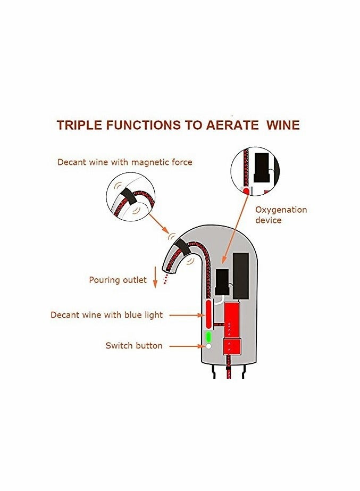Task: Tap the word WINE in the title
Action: pyautogui.click(x=280, y=125)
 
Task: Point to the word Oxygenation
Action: pyautogui.click(x=281, y=210)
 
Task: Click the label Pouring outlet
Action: pyautogui.click(x=118, y=280)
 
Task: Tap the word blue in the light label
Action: pyautogui.click(x=127, y=315)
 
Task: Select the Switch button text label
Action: pyautogui.click(x=134, y=346)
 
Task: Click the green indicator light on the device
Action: pyautogui.click(x=208, y=337)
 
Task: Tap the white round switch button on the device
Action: pyautogui.click(x=208, y=346)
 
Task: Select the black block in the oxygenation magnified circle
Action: pyautogui.click(x=262, y=168)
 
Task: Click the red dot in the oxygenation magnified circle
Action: pyautogui.click(x=246, y=190)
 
